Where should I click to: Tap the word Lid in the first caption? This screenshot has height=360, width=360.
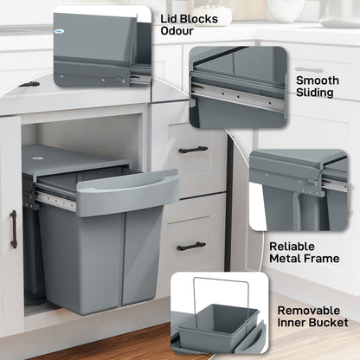click(170, 16)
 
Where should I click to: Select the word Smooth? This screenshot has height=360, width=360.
click(318, 80)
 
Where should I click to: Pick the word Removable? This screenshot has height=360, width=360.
click(313, 309)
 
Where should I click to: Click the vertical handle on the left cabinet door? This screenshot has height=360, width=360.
click(13, 229)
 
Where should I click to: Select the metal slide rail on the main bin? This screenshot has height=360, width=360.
click(57, 201)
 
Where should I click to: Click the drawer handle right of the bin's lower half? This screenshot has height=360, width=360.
click(191, 246)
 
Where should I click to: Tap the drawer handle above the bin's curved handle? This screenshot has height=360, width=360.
click(193, 149)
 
